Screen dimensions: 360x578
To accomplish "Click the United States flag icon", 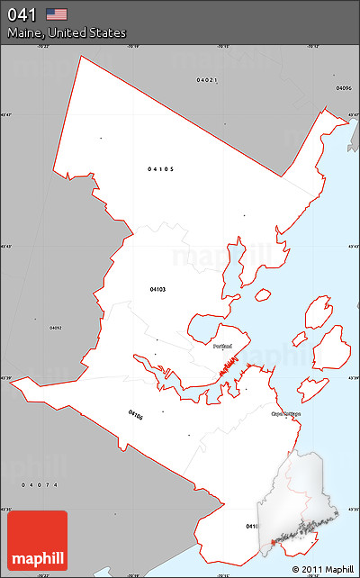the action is pos(57,14).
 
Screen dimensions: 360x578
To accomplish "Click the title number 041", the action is pos(23,14).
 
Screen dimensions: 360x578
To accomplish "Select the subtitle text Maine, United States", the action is pos(67,32).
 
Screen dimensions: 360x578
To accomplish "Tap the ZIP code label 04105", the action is pos(161,168).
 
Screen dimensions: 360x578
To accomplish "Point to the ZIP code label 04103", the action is pos(158,289).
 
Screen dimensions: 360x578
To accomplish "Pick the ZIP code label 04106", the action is pos(135,415).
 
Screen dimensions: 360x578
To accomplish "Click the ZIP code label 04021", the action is pos(207,80).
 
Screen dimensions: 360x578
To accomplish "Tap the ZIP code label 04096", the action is pos(343,88).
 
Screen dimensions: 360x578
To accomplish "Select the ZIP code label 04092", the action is pos(56,327).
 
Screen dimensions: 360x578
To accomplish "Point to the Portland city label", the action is pos(223,346).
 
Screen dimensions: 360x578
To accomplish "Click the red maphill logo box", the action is pos(37,540).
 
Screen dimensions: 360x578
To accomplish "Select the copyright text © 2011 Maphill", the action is pos(322,569).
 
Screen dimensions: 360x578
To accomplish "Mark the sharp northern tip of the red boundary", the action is pos(81,56).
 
